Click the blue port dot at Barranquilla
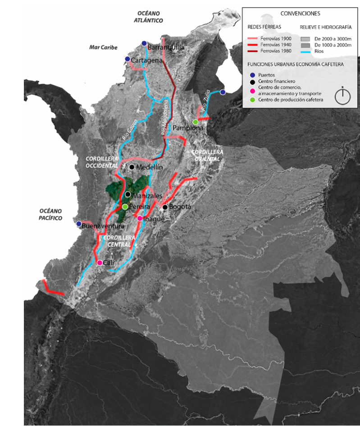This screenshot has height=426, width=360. pyautogui.click(x=144, y=43)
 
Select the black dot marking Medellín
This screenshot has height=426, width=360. pyautogui.click(x=132, y=167)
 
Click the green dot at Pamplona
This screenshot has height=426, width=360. pyautogui.click(x=195, y=122)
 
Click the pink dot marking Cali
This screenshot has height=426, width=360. pyautogui.click(x=100, y=263)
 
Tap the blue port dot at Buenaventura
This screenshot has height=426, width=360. pyautogui.click(x=79, y=224)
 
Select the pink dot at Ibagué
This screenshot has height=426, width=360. pyautogui.click(x=140, y=218)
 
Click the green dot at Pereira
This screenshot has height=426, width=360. pyautogui.click(x=125, y=207)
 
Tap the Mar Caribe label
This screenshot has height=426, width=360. pyautogui.click(x=103, y=47)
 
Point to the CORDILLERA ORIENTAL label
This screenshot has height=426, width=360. pyautogui.click(x=205, y=155)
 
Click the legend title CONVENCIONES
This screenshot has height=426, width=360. pyautogui.click(x=300, y=14)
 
